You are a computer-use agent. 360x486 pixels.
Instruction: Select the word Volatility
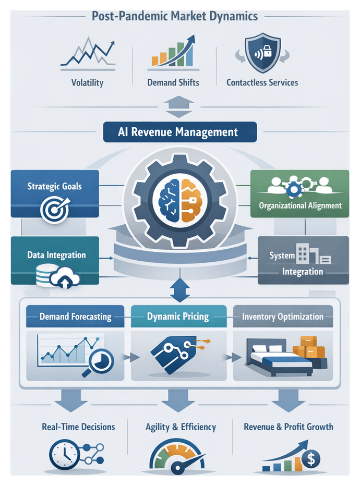[x=87, y=82]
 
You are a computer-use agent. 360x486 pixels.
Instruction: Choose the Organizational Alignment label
[x=300, y=205]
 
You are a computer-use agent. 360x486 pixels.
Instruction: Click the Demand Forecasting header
[x=75, y=317]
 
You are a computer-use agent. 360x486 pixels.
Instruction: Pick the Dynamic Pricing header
[x=178, y=317]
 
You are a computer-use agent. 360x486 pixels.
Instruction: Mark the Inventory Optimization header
[x=282, y=317]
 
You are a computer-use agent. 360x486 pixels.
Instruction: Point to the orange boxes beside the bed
[x=309, y=348]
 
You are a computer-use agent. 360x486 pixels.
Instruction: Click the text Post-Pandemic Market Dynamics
[x=175, y=16]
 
